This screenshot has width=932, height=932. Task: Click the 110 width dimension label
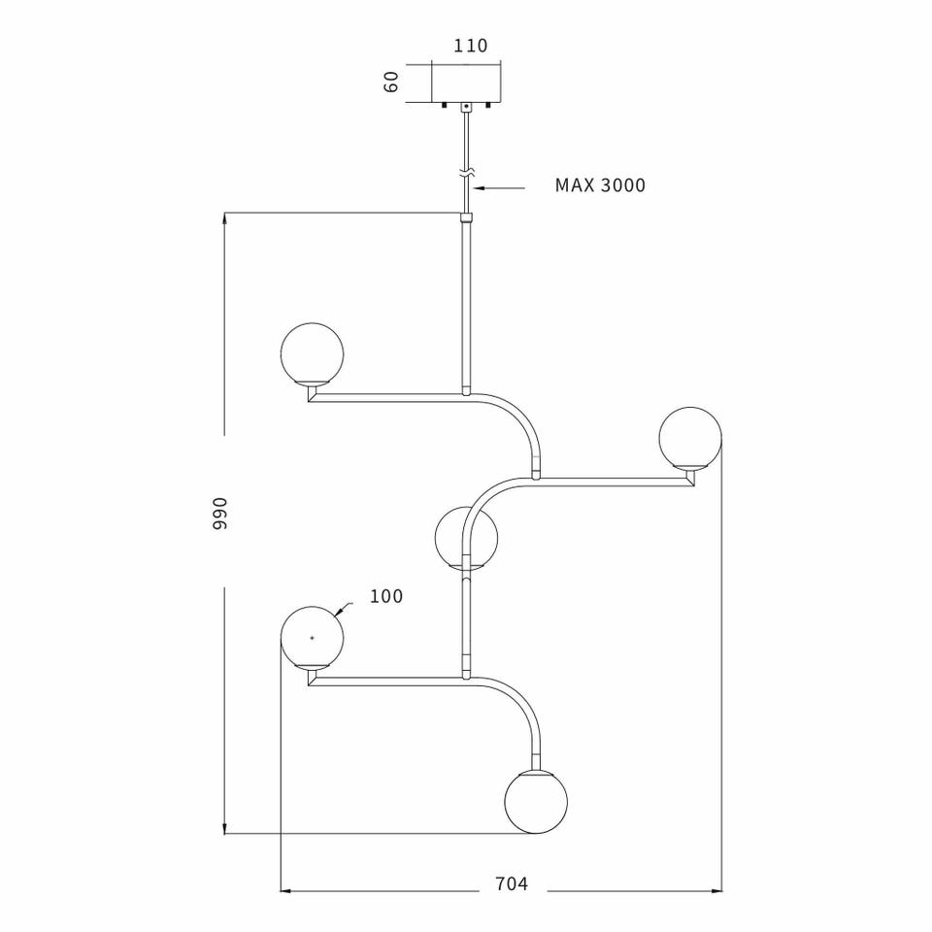coord(470,46)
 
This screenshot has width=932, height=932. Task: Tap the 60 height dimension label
coord(392,82)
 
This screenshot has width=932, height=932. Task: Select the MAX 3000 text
coord(600,185)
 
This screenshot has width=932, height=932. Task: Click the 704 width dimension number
coord(512,883)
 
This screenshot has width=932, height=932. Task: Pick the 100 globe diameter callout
coord(386,596)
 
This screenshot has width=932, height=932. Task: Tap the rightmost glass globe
coord(690,437)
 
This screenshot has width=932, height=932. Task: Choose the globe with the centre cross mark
coord(311,637)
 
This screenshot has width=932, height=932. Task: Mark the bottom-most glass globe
coord(536,802)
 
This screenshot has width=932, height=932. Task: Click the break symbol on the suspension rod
coord(467,173)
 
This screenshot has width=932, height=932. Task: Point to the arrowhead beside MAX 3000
coord(478,185)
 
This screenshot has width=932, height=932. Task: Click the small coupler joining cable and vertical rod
coord(467,218)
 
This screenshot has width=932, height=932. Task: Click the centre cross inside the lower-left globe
coord(311,637)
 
